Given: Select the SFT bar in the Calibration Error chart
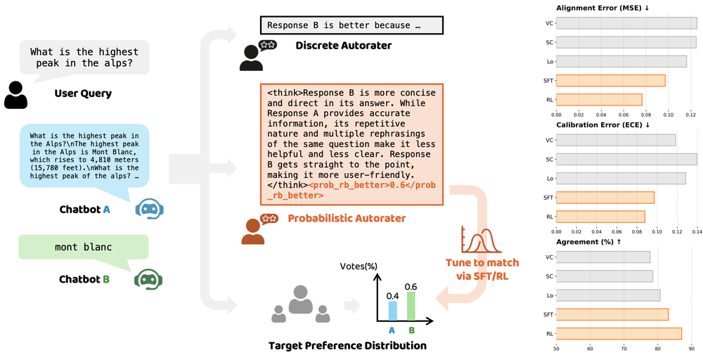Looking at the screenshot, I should pos(605,198).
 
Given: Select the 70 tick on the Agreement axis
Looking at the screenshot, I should pos(624,348).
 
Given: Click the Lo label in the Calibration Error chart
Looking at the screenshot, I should pos(550,179).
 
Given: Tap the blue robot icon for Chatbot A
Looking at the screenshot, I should pos(149,209).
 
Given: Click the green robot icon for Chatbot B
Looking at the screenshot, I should pos(149,279).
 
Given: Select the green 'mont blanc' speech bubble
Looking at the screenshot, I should pos(84,248).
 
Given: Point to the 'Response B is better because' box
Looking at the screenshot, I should pos(351,26).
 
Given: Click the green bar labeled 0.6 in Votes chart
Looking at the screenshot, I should pos(411,306).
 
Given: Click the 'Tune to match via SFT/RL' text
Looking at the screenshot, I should pos(482,269).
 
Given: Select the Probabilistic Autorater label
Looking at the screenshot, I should pos(347,219).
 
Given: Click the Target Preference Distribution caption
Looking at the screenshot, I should pos(347,346).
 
